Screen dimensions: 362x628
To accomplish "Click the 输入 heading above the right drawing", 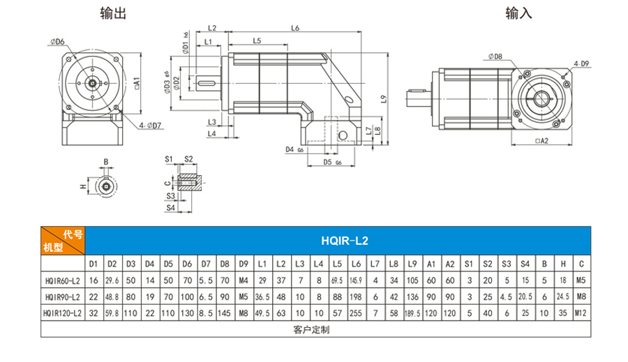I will (520, 13).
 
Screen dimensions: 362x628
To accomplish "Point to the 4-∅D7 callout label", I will (150, 126).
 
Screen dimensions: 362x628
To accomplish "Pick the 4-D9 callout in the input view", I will (581, 64).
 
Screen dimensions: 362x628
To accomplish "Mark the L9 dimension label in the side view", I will (382, 99).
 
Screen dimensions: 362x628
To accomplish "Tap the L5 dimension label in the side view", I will (257, 41).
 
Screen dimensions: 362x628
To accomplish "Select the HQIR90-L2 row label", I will (61, 296).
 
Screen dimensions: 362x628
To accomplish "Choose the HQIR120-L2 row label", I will (61, 312).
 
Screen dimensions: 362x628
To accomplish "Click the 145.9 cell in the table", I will (355, 280).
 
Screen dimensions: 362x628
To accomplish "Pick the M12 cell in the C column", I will (581, 312).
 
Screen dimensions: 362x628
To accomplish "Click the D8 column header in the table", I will (223, 264).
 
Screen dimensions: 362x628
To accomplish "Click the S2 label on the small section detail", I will (188, 159).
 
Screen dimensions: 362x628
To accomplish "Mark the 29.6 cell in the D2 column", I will (110, 280).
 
